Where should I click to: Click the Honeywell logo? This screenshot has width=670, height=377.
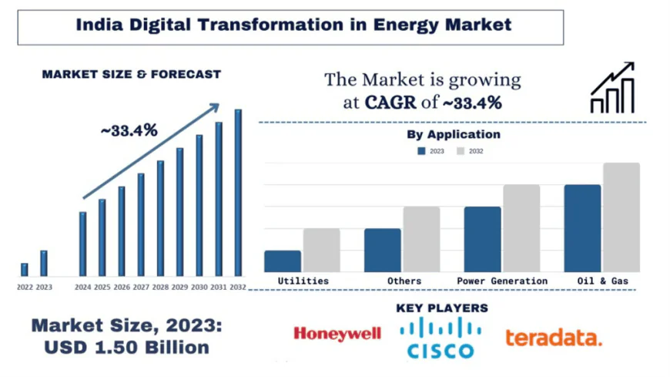[x=337, y=334]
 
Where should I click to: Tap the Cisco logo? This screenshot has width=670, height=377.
[x=441, y=338]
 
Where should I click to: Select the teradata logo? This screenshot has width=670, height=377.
[x=553, y=337]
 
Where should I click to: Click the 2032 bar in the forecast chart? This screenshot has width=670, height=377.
[x=238, y=193]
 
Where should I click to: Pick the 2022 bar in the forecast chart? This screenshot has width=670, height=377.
[x=25, y=269]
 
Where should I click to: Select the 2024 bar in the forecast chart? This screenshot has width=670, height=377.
[x=83, y=244]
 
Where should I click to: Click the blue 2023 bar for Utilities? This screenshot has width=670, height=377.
[x=283, y=261]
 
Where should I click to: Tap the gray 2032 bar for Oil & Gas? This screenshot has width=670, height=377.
[x=621, y=217]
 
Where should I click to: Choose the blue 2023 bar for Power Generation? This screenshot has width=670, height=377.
[x=482, y=239]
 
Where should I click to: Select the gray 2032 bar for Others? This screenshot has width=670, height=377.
[x=421, y=239]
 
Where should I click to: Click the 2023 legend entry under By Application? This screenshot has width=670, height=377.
[x=431, y=151]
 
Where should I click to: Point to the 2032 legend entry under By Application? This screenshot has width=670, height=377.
[x=471, y=151]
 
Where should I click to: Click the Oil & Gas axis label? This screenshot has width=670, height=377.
[x=602, y=281]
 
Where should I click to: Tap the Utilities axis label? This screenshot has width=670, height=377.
[x=303, y=281]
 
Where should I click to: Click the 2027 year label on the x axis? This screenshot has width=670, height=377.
[x=141, y=287]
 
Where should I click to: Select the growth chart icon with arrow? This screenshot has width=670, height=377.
[x=612, y=88]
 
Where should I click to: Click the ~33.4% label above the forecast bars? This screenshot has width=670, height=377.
[x=129, y=130]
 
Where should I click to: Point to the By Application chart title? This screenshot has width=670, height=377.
[x=453, y=134]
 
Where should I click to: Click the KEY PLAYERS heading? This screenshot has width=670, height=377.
[x=441, y=308]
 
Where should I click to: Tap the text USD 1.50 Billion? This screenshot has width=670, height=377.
[x=126, y=348]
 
